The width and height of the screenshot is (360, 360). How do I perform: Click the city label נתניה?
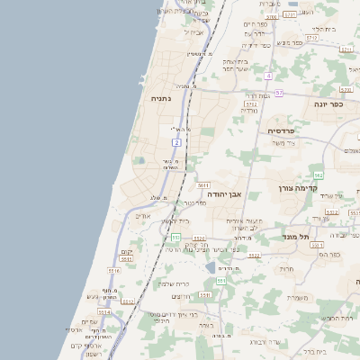pos(160,99)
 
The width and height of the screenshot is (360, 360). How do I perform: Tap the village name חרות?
pos(286,268)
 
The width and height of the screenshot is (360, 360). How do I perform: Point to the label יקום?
pos(127,251)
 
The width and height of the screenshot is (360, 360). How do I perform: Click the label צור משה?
pos(288,144)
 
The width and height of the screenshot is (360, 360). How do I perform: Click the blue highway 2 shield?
pos(177,143)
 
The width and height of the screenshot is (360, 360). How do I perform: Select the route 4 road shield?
pos(268,76)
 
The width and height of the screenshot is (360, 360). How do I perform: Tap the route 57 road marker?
pos(279,93)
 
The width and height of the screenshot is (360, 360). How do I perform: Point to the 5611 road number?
pos(204,184)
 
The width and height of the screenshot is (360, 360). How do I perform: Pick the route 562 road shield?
pos(318,175)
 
